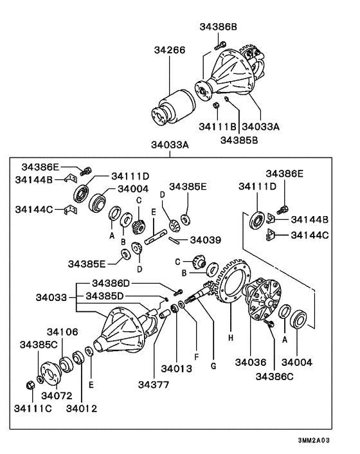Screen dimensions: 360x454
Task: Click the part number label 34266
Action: (169, 50)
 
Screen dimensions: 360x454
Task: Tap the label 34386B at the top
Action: (218, 26)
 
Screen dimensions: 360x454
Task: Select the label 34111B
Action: (217, 127)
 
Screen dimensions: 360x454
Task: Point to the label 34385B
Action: (239, 140)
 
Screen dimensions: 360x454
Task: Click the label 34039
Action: (206, 240)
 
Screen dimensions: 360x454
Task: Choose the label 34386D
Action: (111, 283)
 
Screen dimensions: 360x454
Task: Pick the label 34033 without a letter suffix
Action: (51, 297)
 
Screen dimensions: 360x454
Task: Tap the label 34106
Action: (62, 332)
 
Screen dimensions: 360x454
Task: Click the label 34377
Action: (154, 385)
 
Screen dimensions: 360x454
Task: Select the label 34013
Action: (177, 368)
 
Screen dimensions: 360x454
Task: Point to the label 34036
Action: (250, 362)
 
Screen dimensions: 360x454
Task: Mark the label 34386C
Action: (274, 376)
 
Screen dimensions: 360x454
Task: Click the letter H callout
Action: (231, 338)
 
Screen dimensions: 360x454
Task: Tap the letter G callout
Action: (213, 366)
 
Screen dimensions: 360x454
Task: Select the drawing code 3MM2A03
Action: (314, 440)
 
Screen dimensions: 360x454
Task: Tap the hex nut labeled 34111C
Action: (30, 385)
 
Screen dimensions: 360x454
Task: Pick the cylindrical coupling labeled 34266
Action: (174, 107)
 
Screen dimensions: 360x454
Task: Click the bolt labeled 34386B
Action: (221, 46)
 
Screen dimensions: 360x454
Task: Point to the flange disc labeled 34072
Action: (50, 374)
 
